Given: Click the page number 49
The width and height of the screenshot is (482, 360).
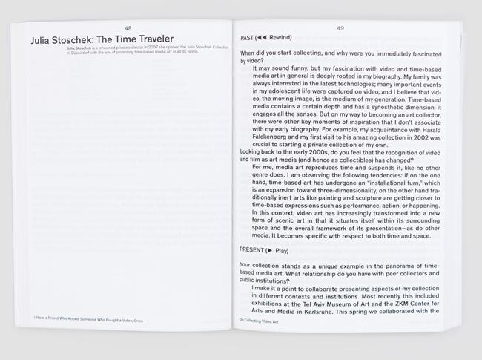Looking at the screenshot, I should pyautogui.click(x=340, y=28).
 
